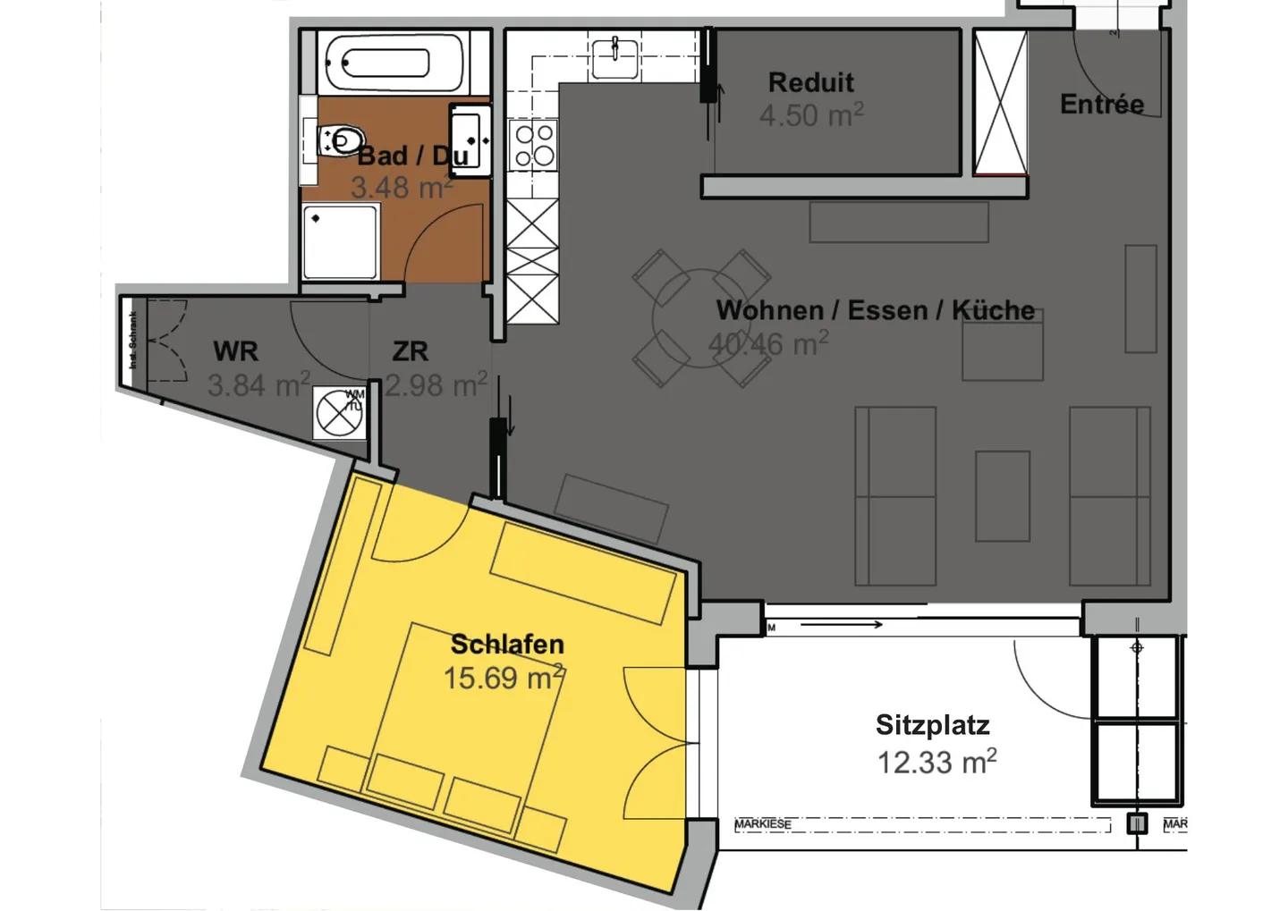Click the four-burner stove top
[533, 146]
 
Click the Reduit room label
[810, 83]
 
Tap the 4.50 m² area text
[810, 115]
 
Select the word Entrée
[1101, 105]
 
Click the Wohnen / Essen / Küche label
[875, 310]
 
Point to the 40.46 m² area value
[767, 344]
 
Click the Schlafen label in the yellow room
[507, 644]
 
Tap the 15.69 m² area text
[504, 678]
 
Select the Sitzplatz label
[932, 725]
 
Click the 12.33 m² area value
[936, 763]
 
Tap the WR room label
[235, 351]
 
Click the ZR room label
[410, 351]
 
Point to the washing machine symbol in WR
[339, 413]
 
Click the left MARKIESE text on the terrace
[762, 824]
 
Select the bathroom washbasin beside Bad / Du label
[470, 139]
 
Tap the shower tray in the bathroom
[340, 242]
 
